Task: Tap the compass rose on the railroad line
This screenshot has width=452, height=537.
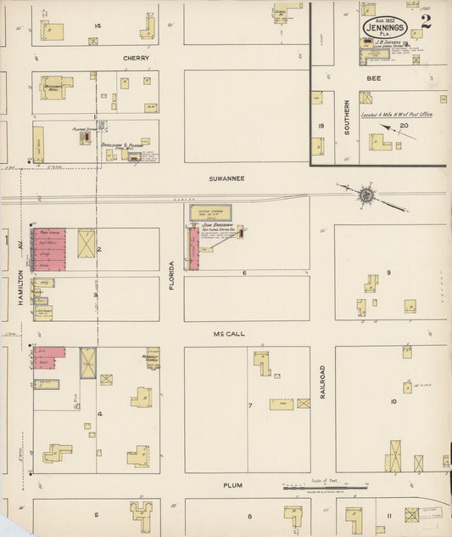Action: coord(366,195)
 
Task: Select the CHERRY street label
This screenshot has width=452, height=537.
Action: coord(136,58)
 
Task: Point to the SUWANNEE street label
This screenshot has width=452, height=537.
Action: coord(227,178)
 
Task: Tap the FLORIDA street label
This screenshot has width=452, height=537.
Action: coord(171,275)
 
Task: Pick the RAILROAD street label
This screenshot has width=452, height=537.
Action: coord(322,383)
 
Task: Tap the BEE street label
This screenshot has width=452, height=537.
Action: coord(373,77)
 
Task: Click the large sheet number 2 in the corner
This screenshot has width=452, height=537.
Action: coord(426,21)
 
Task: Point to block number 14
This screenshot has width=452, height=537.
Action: coord(98,26)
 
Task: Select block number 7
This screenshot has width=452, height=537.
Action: coord(250,405)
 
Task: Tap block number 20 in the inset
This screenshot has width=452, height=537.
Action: coord(404,125)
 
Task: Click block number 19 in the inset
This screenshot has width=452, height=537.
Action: coord(321,126)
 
